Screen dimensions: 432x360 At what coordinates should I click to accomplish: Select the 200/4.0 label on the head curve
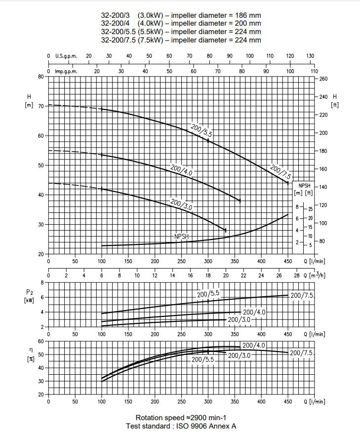tap(181, 169)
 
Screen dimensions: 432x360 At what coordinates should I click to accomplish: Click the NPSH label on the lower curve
tap(182, 236)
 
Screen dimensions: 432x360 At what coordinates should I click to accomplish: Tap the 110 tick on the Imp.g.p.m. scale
tap(314, 72)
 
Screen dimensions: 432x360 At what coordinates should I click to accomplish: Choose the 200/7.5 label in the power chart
tap(302, 295)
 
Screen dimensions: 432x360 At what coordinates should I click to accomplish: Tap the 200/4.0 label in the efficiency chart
tap(254, 345)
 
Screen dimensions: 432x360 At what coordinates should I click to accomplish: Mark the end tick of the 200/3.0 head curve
tap(226, 230)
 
